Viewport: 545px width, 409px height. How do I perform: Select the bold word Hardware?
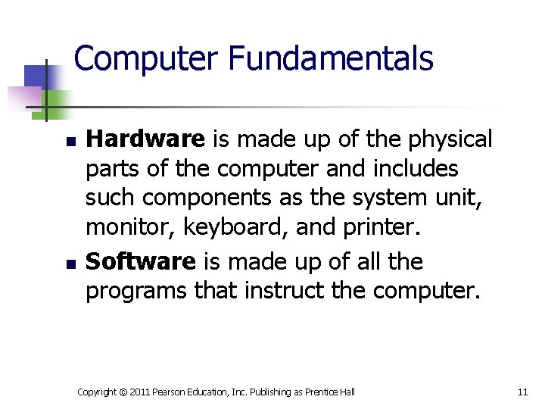[x=145, y=139]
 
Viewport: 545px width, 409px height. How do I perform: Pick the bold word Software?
[x=141, y=261]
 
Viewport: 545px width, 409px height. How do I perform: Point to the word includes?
[x=413, y=168]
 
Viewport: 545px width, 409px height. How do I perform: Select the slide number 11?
[x=522, y=392]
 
